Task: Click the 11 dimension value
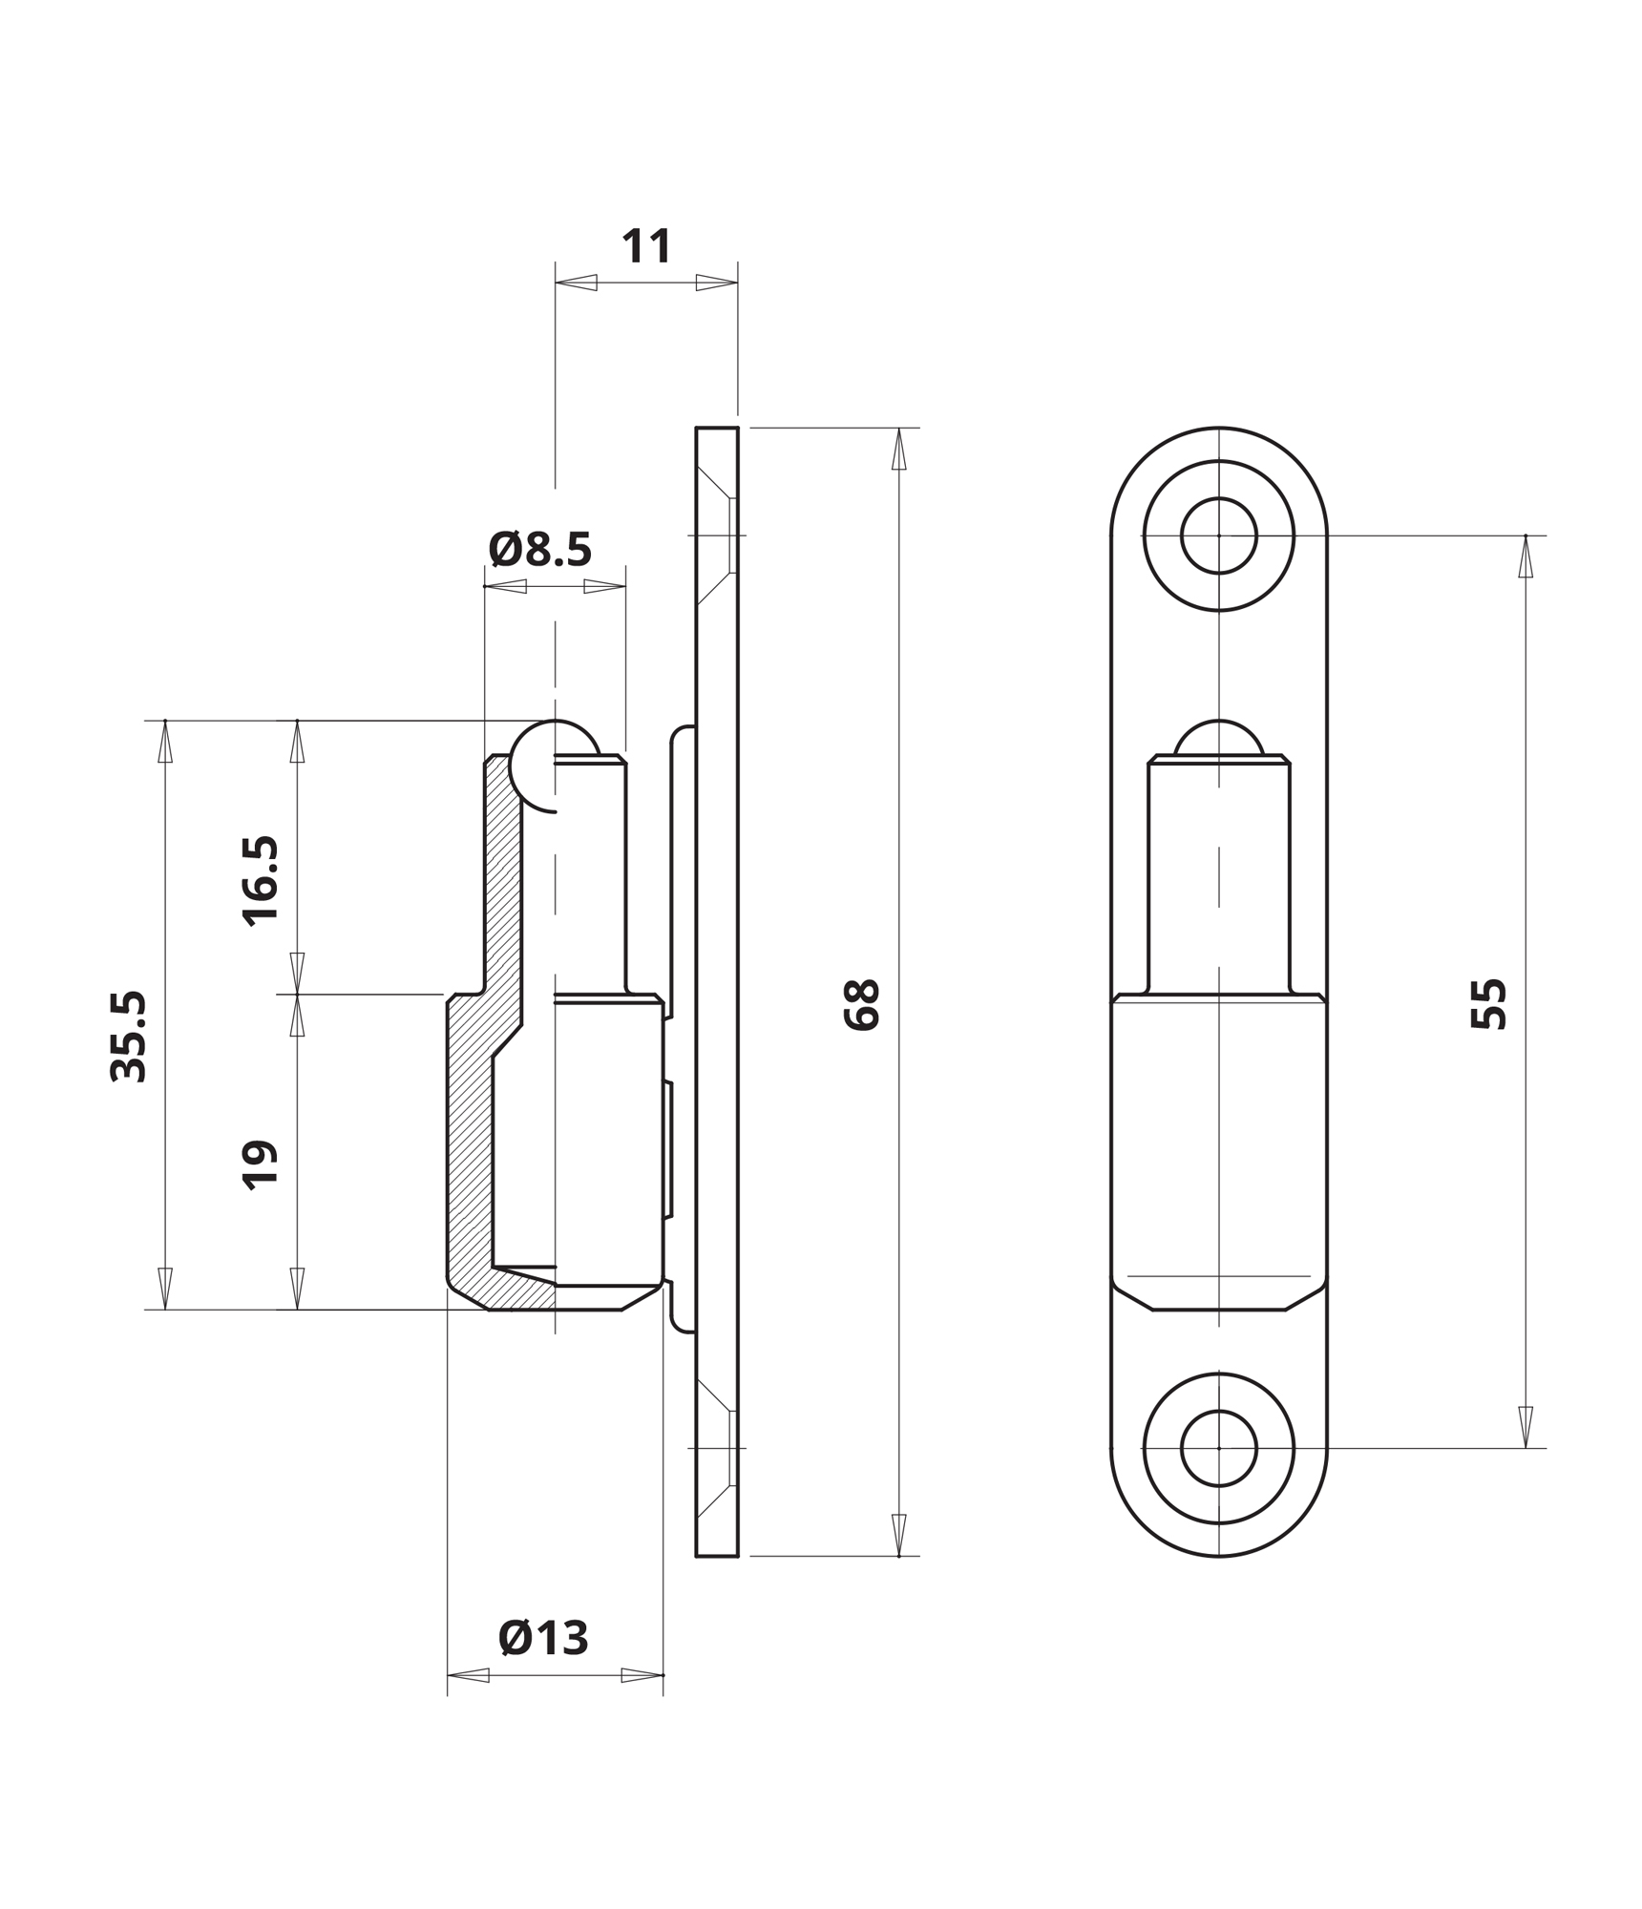[646, 246]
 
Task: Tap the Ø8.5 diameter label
[540, 550]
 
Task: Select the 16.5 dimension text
[262, 881]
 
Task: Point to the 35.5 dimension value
[130, 1037]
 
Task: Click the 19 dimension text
[262, 1164]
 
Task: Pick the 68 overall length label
[862, 1004]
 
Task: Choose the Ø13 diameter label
[543, 1639]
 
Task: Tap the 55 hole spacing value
[1489, 1004]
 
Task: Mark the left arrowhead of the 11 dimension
[576, 283]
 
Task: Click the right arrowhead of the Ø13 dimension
[642, 1675]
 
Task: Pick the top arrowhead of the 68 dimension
[898, 449]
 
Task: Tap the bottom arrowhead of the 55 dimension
[1526, 1427]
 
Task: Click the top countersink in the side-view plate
[717, 535]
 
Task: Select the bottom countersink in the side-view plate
[717, 1448]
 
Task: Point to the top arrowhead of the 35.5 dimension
[165, 741]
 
